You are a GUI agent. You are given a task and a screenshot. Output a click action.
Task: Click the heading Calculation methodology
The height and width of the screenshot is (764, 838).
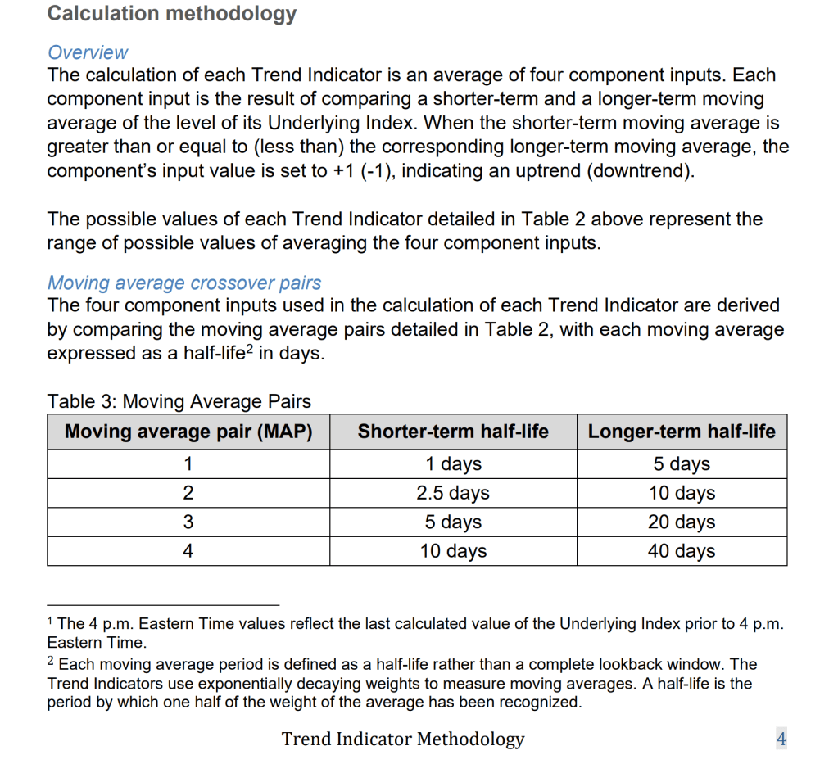[172, 14]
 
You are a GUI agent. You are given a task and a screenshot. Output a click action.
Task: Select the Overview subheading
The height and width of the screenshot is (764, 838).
[88, 52]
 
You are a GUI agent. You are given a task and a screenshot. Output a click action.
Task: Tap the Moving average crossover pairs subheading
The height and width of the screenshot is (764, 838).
[183, 283]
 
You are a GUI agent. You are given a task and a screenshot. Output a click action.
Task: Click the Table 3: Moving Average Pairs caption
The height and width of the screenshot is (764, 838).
[179, 401]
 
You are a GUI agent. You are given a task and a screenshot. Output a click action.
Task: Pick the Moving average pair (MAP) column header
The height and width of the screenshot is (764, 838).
[188, 432]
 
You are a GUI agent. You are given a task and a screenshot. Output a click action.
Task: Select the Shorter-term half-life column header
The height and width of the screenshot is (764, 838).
[453, 432]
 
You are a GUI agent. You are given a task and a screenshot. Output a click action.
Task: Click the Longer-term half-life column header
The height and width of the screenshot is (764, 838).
[682, 432]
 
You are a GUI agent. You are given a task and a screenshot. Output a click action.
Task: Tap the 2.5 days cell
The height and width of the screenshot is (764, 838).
[453, 493]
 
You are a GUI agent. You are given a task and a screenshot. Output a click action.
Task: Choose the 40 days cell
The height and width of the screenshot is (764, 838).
[682, 551]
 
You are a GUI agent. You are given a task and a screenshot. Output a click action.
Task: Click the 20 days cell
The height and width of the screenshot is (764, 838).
[682, 522]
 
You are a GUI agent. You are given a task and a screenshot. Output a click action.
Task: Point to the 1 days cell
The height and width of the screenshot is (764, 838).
[453, 464]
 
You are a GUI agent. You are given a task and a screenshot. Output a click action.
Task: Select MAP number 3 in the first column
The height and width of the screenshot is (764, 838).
[188, 522]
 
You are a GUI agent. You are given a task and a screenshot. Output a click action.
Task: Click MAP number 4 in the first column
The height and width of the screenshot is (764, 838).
[188, 551]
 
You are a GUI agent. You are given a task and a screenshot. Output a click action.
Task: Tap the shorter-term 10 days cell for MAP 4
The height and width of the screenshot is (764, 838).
[453, 551]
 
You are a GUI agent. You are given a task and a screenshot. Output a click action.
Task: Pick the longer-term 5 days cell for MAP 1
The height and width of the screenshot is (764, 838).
[682, 464]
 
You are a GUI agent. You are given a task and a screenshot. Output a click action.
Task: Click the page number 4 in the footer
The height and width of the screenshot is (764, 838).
[781, 739]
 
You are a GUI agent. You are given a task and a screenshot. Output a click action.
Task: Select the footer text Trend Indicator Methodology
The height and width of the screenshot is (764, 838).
[403, 739]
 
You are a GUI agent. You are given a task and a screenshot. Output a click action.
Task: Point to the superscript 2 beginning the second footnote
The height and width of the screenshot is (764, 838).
[51, 659]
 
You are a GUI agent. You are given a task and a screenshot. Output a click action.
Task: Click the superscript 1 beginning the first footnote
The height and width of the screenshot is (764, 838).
[51, 620]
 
